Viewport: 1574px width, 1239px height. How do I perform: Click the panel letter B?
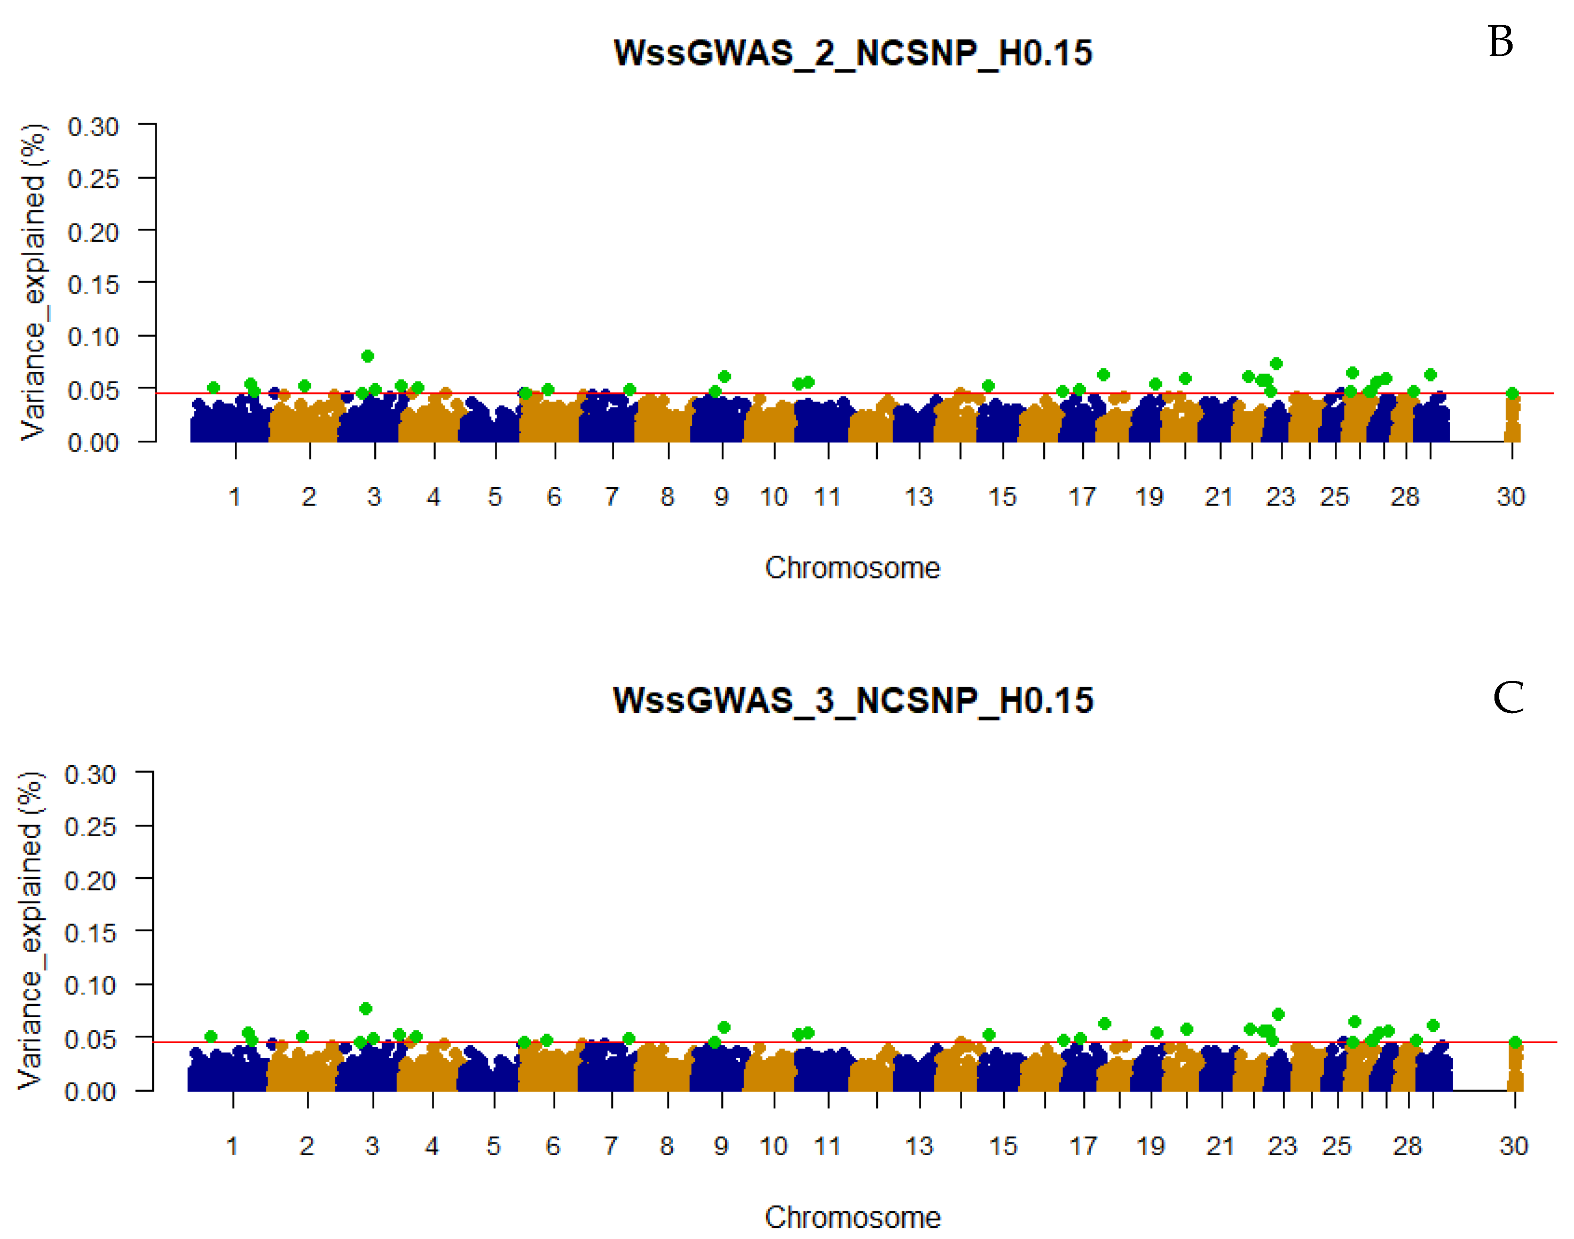[1500, 42]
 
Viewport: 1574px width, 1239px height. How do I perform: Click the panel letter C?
[1507, 698]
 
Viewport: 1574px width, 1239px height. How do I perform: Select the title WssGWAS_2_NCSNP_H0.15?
[853, 53]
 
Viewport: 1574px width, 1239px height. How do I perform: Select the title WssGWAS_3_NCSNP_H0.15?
[853, 701]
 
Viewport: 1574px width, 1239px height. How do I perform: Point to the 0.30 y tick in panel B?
[93, 127]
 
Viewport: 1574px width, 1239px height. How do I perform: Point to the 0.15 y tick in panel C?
[90, 933]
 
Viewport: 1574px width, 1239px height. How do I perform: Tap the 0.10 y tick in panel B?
[93, 337]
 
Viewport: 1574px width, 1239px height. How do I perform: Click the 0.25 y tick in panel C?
[90, 828]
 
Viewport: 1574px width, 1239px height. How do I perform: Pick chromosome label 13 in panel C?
[919, 1147]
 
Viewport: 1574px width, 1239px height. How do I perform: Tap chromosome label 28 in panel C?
[1406, 1147]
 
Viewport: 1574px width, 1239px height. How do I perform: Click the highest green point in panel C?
[366, 1009]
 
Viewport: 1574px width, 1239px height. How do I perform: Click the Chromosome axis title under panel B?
[853, 568]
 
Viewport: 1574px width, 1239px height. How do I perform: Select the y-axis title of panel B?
[33, 283]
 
